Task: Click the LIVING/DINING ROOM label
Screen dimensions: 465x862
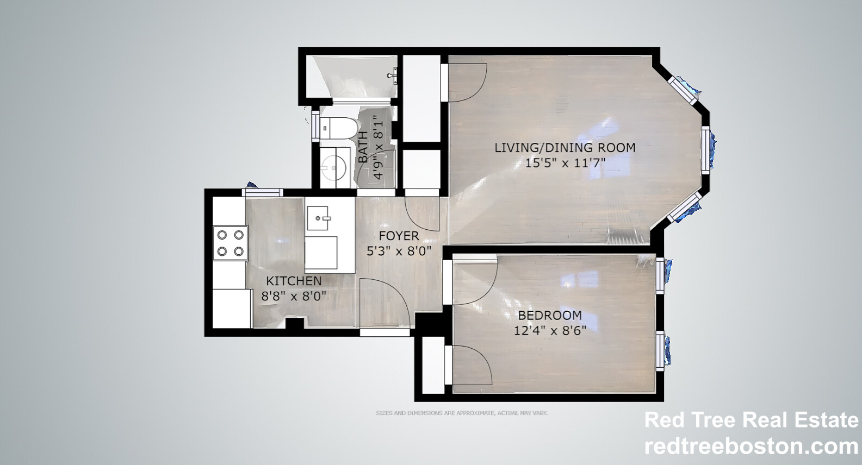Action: pyautogui.click(x=565, y=147)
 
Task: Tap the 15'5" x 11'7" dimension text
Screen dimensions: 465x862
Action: pyautogui.click(x=565, y=162)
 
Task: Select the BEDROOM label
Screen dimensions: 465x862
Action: pyautogui.click(x=549, y=315)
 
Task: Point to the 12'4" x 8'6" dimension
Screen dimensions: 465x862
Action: pyautogui.click(x=550, y=330)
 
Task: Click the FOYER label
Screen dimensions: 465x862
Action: pyautogui.click(x=399, y=236)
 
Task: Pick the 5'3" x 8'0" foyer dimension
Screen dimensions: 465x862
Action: pyautogui.click(x=399, y=251)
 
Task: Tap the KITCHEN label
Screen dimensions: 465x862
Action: pyautogui.click(x=294, y=281)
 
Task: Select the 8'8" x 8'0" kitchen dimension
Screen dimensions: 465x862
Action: pyautogui.click(x=294, y=296)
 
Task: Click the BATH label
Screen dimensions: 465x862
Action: pyautogui.click(x=363, y=147)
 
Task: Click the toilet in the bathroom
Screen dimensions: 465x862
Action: pyautogui.click(x=337, y=128)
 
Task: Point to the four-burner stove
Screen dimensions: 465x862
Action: pyautogui.click(x=230, y=242)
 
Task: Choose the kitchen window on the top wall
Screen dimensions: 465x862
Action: pyautogui.click(x=263, y=192)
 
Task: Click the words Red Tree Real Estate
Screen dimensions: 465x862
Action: pyautogui.click(x=751, y=420)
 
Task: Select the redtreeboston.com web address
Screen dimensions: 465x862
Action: pyautogui.click(x=751, y=446)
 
